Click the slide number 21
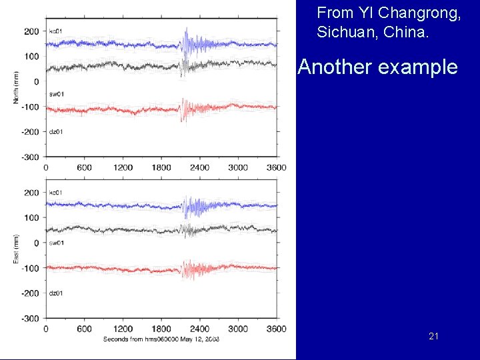tap(433, 337)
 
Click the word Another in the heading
tap(330, 67)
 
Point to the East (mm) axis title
tap(16, 249)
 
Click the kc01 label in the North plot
tap(56, 31)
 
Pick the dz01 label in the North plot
tap(56, 131)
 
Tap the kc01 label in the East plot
tap(56, 193)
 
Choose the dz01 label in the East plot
tap(56, 293)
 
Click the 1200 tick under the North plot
tap(122, 168)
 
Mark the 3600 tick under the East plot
tap(275, 329)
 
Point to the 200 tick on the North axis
tap(31, 31)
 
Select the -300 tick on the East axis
tap(30, 318)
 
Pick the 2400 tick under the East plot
tap(199, 329)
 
